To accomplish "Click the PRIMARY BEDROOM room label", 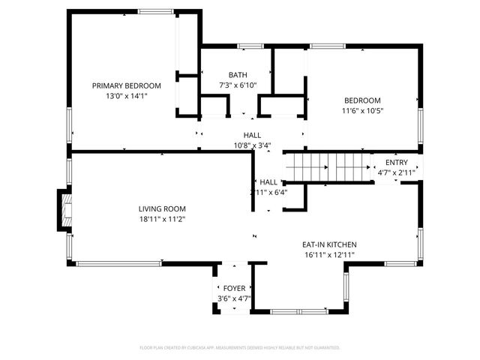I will point(126,85).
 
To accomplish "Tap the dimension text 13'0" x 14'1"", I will point(126,96).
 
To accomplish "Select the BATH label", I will point(238,75).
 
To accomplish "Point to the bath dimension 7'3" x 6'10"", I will point(238,85).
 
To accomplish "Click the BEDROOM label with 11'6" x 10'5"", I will point(362,100).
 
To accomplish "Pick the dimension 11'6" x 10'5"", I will point(362,111).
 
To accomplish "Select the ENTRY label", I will point(397,163).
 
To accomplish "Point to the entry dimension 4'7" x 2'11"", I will point(397,173).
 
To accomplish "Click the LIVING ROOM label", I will point(161,208).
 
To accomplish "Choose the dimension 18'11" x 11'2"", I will point(161,219).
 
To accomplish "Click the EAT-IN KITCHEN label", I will point(328,244).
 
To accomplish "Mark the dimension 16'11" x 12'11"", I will point(328,255).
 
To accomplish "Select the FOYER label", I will point(234,288).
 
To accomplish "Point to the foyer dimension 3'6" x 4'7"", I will point(234,298).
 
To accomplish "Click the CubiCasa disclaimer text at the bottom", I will point(240,348).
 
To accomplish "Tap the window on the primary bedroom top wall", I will point(155,10).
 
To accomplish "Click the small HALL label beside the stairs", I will point(268,181).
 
